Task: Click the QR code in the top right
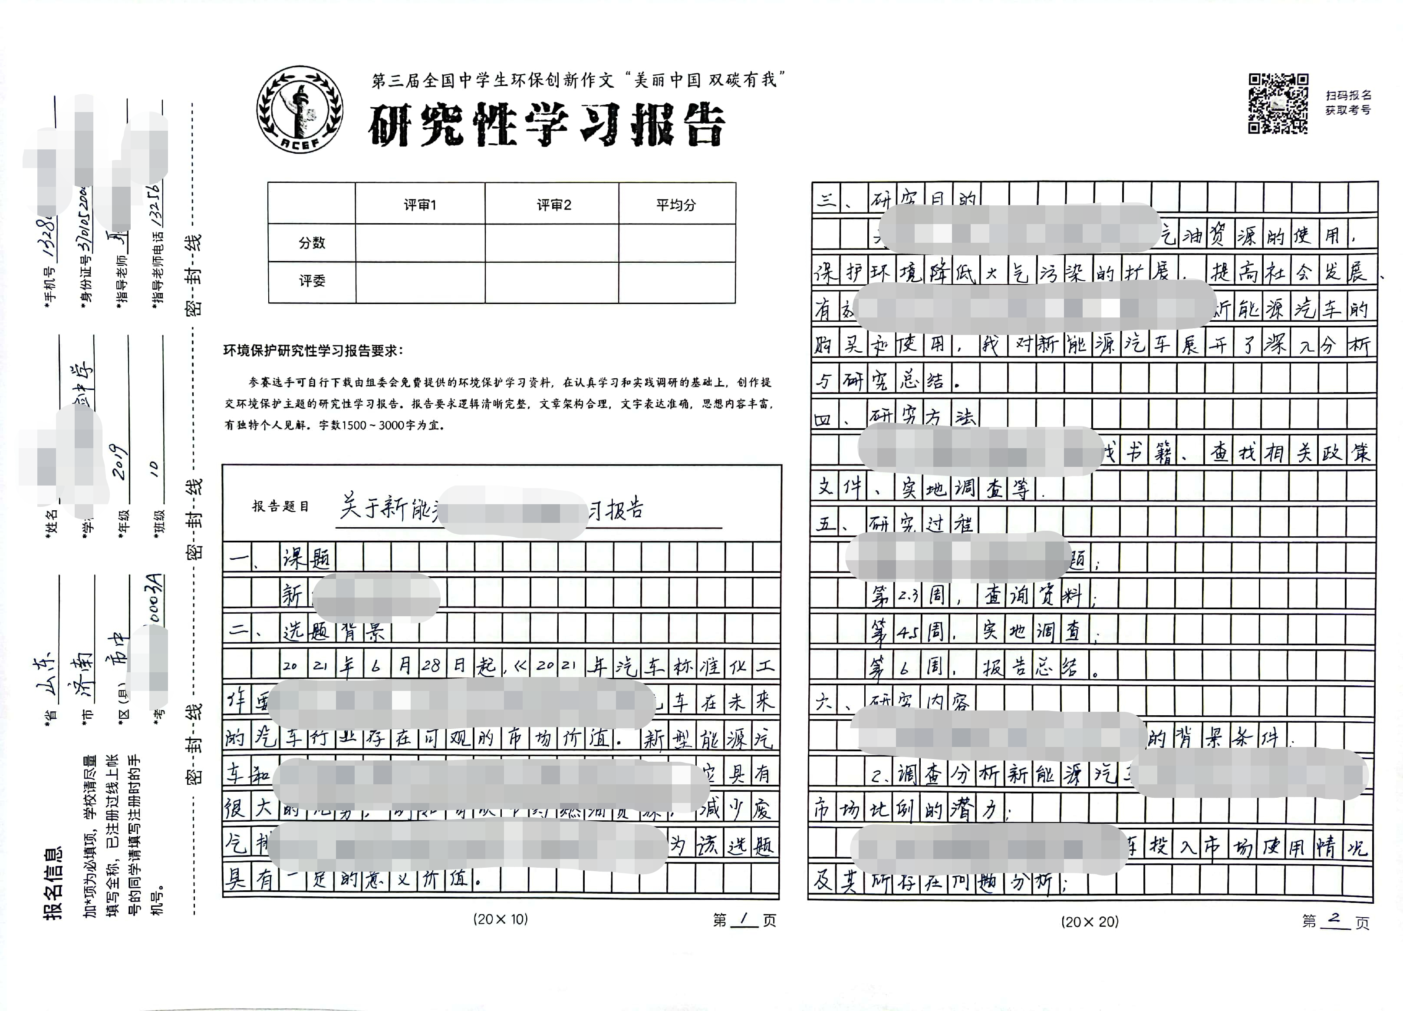tap(1278, 103)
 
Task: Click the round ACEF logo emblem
tap(300, 109)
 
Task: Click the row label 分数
tap(312, 242)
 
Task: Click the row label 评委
tap(312, 281)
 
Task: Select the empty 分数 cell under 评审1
tap(420, 242)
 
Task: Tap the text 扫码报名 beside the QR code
tap(1349, 95)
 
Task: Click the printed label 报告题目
tap(280, 506)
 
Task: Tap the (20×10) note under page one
tap(501, 919)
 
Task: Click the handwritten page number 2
tap(1334, 919)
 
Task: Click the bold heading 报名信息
tap(53, 882)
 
